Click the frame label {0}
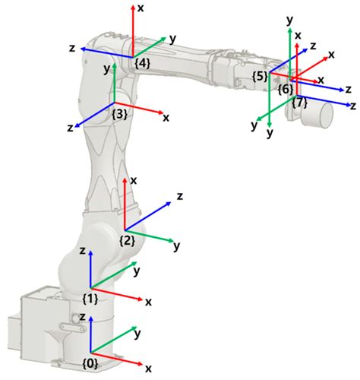point(90,363)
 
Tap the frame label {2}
point(127,240)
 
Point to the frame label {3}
point(118,114)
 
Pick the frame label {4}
point(141,64)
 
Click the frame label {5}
point(261,76)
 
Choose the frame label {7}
point(300,101)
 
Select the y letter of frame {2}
point(176,246)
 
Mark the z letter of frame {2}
point(180,196)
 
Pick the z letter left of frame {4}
point(71,47)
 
